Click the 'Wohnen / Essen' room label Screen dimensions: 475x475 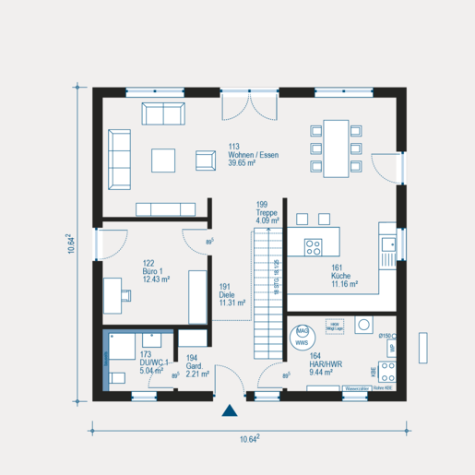click(x=254, y=155)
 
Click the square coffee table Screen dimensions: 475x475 click(x=164, y=160)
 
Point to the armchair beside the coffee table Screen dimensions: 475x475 click(x=205, y=160)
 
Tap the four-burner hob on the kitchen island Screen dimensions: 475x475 click(x=314, y=246)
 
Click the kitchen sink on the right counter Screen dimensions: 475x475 click(x=388, y=244)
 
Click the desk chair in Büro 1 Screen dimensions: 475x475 click(x=126, y=295)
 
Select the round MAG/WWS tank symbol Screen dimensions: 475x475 click(x=302, y=337)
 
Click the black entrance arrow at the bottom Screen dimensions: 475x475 click(x=229, y=413)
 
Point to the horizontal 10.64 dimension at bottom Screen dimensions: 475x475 click(x=248, y=440)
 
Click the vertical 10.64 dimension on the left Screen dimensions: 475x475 click(x=71, y=243)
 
